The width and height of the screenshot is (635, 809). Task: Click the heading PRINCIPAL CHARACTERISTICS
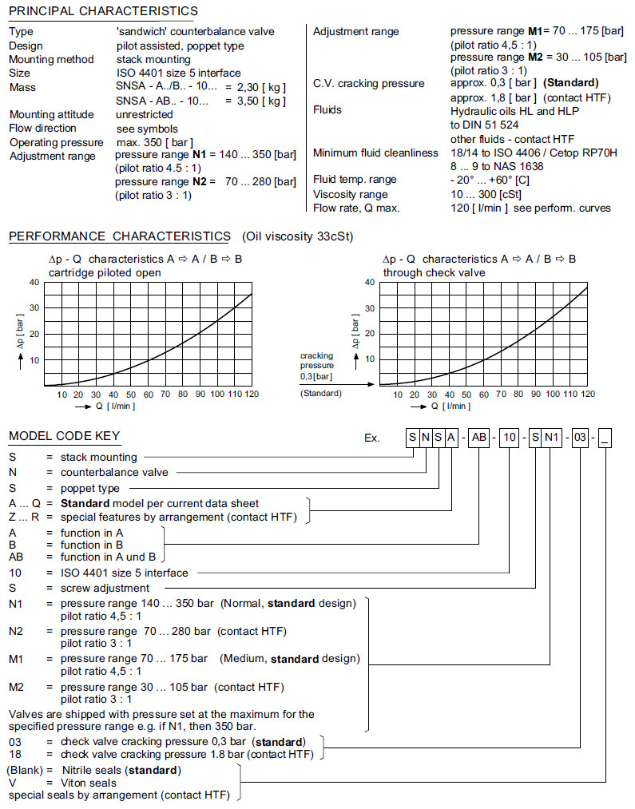(103, 11)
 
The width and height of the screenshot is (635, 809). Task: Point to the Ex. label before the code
(372, 438)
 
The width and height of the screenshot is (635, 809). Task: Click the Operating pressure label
(56, 142)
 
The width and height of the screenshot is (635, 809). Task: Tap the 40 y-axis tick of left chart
(34, 282)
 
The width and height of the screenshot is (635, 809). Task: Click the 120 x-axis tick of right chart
(588, 394)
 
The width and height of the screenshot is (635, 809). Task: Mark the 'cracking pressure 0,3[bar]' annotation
(317, 366)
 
